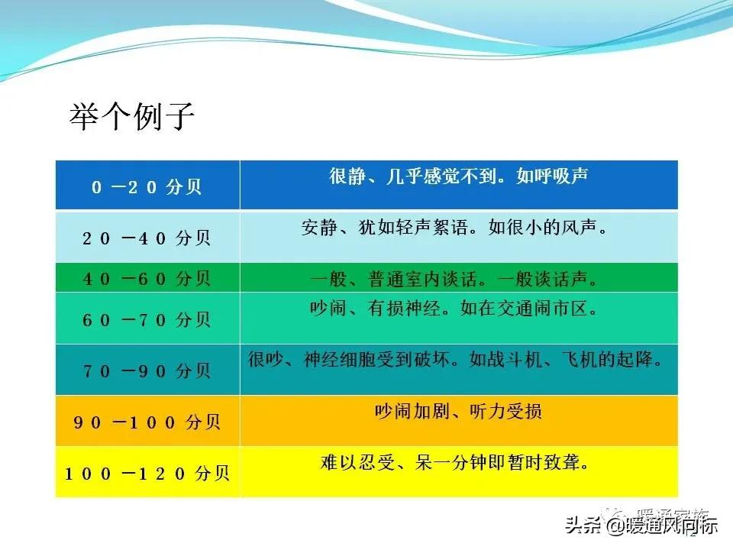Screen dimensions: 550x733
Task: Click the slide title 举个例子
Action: pyautogui.click(x=132, y=118)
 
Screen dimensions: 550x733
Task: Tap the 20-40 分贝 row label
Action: pyautogui.click(x=147, y=238)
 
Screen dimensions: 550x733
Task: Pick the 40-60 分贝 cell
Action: pyautogui.click(x=147, y=279)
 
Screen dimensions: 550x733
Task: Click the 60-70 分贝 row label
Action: pyautogui.click(x=147, y=319)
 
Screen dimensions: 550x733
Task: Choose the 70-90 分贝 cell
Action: pyautogui.click(x=147, y=370)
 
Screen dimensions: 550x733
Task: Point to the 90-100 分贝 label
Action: pyautogui.click(x=147, y=422)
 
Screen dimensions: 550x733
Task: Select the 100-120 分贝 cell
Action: pyautogui.click(x=147, y=473)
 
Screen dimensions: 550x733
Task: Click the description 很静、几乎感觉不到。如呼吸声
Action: pyautogui.click(x=458, y=176)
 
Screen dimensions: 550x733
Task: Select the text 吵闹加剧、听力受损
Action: pyautogui.click(x=458, y=411)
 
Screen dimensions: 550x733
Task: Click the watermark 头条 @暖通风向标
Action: pyautogui.click(x=641, y=526)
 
